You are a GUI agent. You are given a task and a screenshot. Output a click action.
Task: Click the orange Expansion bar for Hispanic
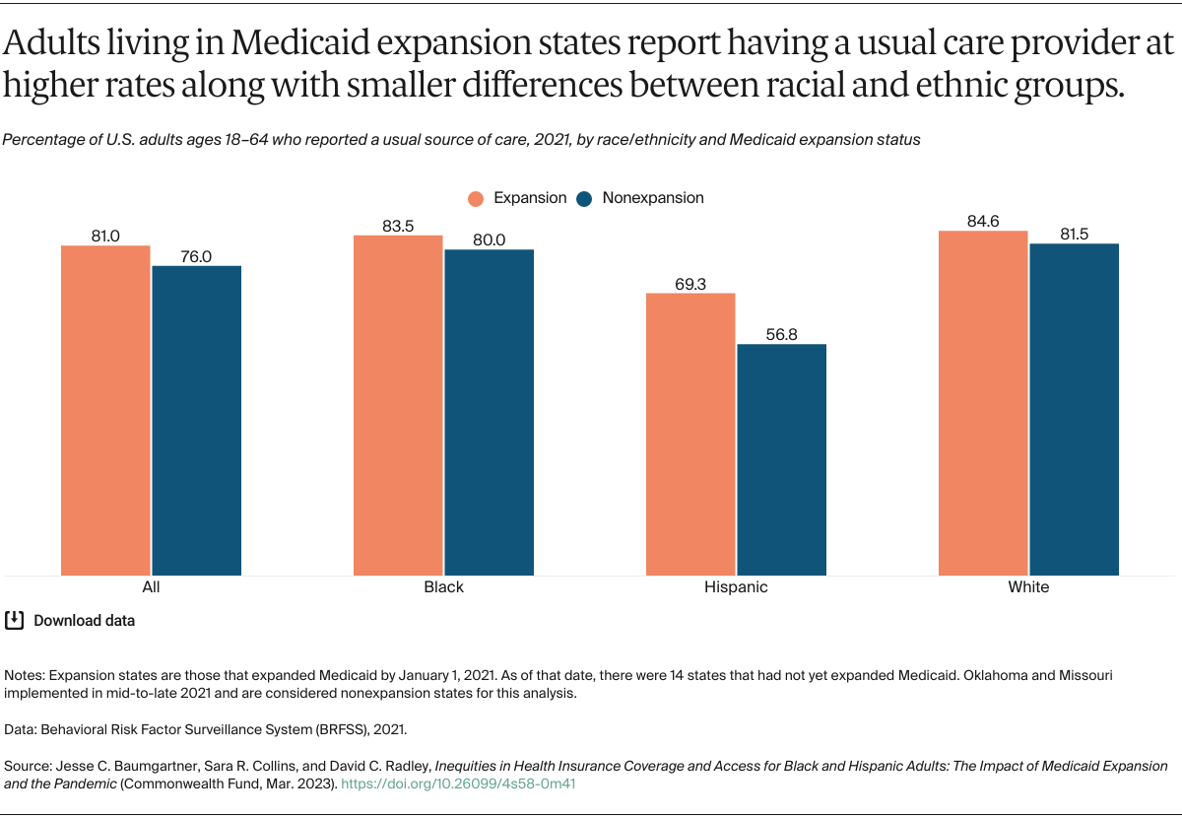click(690, 434)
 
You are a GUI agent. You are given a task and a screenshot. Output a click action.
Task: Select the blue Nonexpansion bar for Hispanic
click(781, 459)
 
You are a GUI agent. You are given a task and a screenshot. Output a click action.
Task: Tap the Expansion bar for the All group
click(105, 410)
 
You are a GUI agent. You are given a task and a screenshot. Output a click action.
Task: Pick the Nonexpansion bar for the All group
click(196, 420)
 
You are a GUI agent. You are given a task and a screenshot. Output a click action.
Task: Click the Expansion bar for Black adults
click(398, 405)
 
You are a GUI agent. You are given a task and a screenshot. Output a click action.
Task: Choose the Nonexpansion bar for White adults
click(1074, 409)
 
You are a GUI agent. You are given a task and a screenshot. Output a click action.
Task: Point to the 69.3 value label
click(690, 284)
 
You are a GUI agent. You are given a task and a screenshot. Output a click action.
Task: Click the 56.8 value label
click(781, 335)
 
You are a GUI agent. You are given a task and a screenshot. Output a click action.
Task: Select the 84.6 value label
click(983, 222)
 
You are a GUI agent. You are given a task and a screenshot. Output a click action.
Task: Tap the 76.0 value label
click(196, 256)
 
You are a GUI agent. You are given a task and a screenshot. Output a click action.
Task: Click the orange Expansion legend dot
click(477, 198)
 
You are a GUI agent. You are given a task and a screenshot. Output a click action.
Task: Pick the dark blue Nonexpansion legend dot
click(584, 198)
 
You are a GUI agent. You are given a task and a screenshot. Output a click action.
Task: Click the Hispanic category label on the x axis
click(736, 586)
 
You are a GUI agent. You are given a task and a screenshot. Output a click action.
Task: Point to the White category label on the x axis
click(1028, 586)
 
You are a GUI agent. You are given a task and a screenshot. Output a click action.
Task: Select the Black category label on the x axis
click(443, 586)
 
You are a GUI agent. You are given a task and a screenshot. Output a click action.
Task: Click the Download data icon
click(15, 620)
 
